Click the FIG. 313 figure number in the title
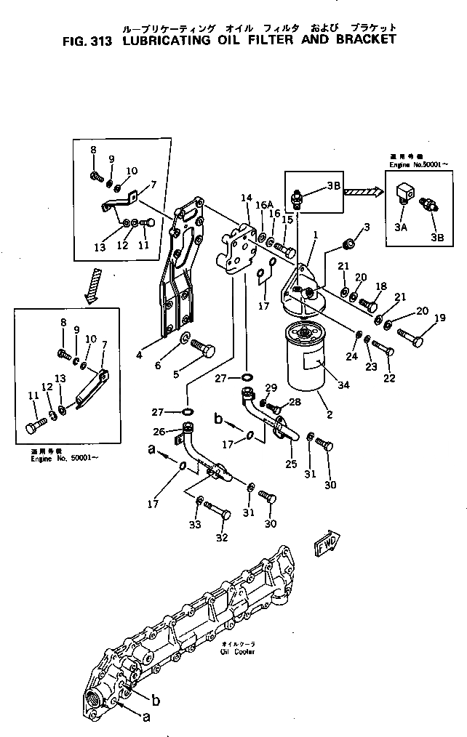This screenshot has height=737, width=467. (86, 41)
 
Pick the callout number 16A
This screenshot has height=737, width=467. (263, 206)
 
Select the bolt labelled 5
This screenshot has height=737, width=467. (201, 350)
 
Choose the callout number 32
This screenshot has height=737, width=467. (223, 538)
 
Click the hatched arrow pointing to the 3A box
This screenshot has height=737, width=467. (364, 192)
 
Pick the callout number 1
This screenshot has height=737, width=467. (316, 234)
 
